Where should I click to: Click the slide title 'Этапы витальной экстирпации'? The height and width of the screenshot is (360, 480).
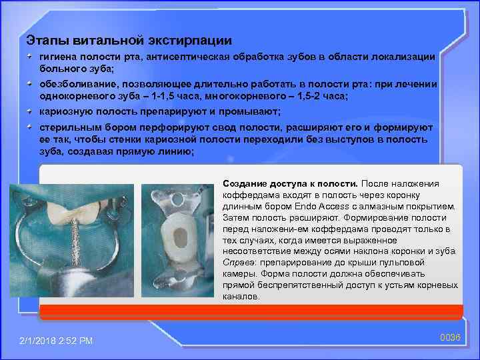128,40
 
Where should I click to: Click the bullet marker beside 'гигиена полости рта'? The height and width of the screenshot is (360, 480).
31,58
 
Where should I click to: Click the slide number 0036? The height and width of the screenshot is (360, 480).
451,337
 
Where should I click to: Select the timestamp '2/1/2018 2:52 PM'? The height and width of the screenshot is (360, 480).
56,341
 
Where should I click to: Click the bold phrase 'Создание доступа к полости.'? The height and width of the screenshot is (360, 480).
290,183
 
